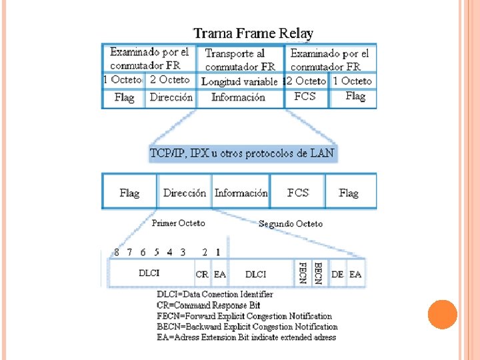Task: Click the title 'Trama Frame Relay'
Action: pyautogui.click(x=253, y=33)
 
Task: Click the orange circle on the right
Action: pyautogui.click(x=442, y=315)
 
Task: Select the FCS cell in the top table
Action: pyautogui.click(x=305, y=97)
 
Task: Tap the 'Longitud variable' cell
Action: pyautogui.click(x=239, y=81)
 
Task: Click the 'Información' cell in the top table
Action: pyautogui.click(x=238, y=97)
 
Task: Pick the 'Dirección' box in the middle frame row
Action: pyautogui.click(x=184, y=193)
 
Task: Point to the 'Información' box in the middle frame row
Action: pyautogui.click(x=241, y=193)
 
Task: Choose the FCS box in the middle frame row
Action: pyautogui.click(x=298, y=193)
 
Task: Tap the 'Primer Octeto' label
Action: pyautogui.click(x=179, y=223)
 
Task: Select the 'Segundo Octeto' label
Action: pyautogui.click(x=290, y=224)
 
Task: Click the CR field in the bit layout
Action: pyautogui.click(x=202, y=274)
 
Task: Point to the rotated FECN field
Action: pyautogui.click(x=303, y=273)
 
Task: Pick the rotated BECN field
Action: pyautogui.click(x=319, y=273)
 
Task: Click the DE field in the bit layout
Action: pyautogui.click(x=338, y=274)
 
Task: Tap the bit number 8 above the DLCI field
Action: pyautogui.click(x=117, y=253)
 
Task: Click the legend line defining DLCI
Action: pyautogui.click(x=215, y=294)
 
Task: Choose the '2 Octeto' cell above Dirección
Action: pyautogui.click(x=170, y=79)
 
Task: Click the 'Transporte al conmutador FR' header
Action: pyautogui.click(x=240, y=59)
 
